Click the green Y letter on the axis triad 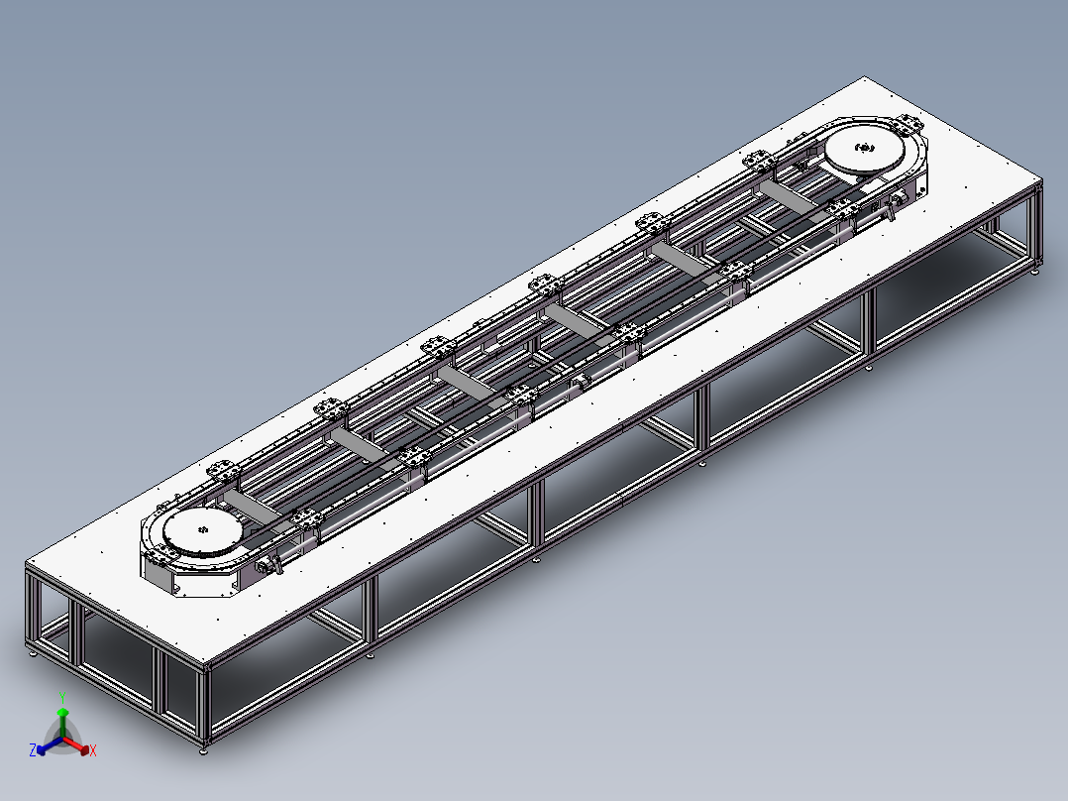click(x=61, y=697)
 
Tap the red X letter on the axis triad click(x=93, y=751)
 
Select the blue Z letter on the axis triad click(x=33, y=750)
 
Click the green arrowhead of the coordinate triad click(x=61, y=713)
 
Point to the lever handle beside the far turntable click(x=897, y=205)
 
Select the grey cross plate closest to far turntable click(x=793, y=197)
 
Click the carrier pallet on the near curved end click(x=223, y=473)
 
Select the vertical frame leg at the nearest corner click(x=205, y=710)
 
